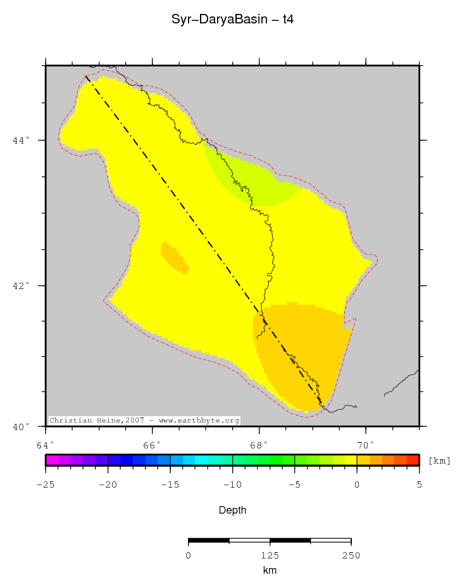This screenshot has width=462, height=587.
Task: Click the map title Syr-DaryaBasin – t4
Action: [x=232, y=20]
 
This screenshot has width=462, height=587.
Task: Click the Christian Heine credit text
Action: [x=144, y=420]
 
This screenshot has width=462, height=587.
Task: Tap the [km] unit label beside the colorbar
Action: [x=439, y=461]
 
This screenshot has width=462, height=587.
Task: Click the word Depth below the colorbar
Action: [x=232, y=510]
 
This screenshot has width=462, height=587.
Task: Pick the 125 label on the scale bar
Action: [x=270, y=555]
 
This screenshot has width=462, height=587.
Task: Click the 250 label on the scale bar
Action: [x=351, y=555]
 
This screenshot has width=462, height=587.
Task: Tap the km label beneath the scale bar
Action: [x=270, y=570]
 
